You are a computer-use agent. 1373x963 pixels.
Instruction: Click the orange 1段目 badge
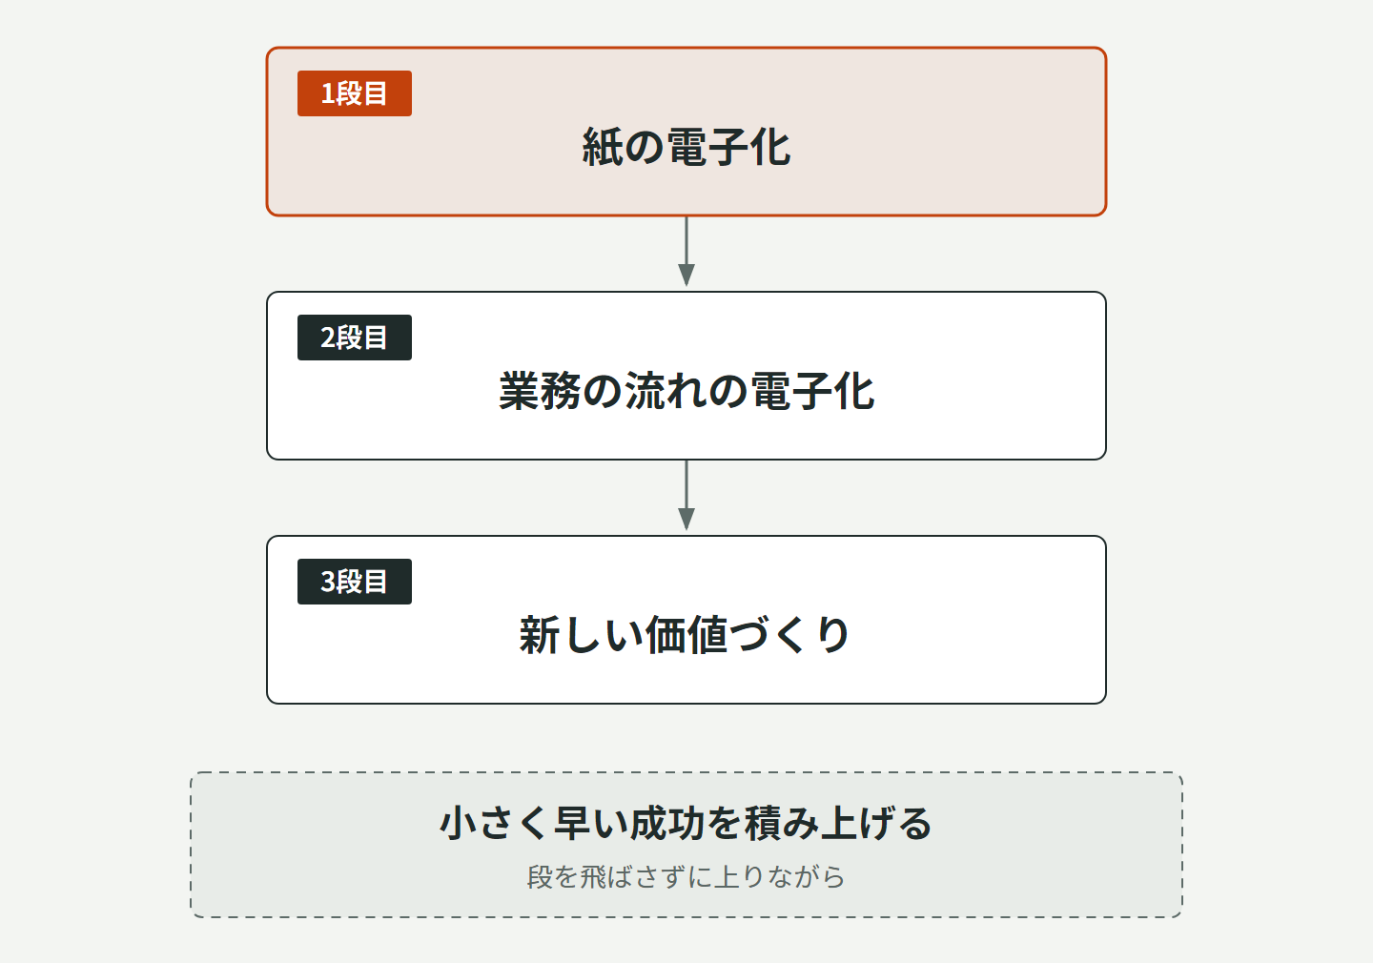coord(355,93)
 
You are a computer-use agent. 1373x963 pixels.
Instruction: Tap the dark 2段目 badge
coord(355,338)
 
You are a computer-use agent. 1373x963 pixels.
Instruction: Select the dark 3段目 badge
coord(355,581)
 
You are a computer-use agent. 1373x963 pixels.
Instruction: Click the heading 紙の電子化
coord(686,147)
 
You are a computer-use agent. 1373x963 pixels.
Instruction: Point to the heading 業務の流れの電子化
coord(686,391)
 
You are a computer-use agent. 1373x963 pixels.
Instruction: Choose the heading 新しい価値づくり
coord(685,635)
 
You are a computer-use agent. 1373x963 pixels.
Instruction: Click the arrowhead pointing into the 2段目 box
coord(686,275)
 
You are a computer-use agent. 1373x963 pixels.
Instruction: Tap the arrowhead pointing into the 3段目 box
coord(686,519)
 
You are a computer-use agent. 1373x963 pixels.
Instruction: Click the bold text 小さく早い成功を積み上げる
coord(686,823)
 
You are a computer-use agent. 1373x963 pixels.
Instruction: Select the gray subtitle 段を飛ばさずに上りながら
coord(686,876)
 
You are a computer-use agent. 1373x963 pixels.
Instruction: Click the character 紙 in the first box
coord(603,147)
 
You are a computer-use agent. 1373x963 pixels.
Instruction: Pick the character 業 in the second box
coord(520,391)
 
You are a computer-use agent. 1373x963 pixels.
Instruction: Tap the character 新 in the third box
coord(540,635)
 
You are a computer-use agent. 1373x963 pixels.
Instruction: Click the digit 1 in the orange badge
coord(327,93)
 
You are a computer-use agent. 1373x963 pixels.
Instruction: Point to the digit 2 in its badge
coord(327,338)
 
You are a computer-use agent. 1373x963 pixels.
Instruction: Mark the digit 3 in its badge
coord(327,582)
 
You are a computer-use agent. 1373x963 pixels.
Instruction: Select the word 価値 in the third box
coord(686,635)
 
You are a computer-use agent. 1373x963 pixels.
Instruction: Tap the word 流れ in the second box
coord(666,391)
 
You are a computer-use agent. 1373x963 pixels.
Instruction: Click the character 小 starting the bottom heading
coord(459,823)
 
